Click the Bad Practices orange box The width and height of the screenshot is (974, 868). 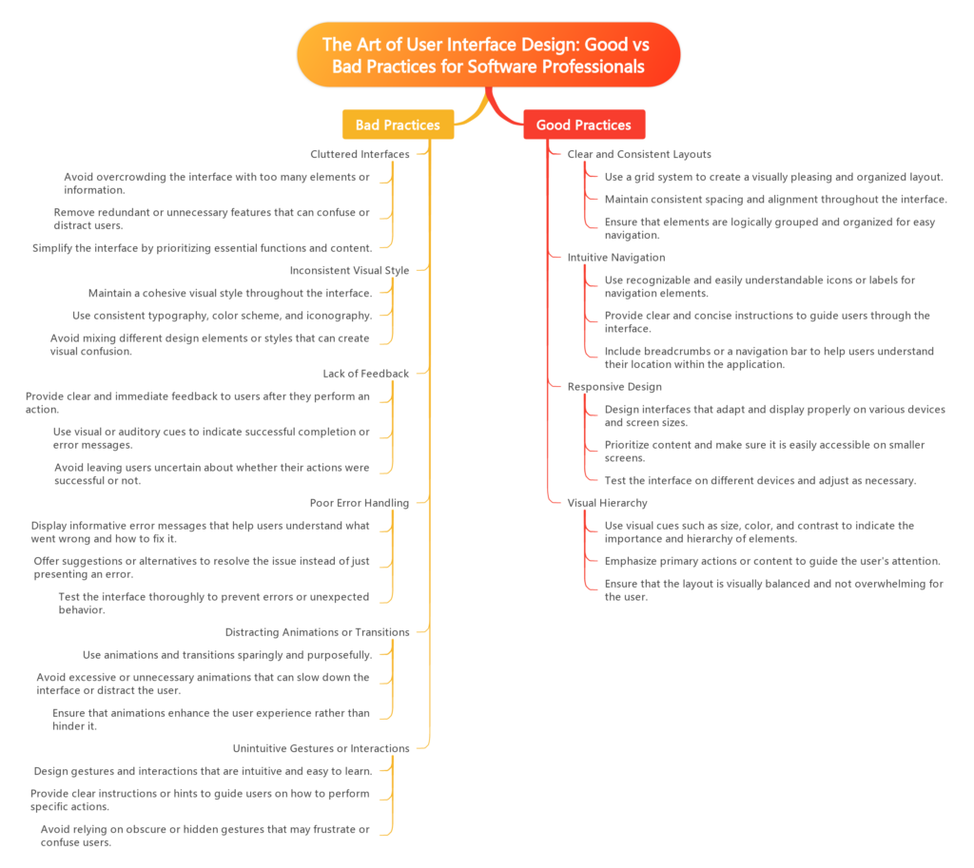click(x=398, y=125)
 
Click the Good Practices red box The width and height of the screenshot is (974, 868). click(x=583, y=125)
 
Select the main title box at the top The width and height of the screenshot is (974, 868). click(x=488, y=55)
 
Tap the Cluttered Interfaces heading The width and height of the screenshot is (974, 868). click(x=360, y=153)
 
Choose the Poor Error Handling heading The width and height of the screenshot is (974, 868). click(x=360, y=503)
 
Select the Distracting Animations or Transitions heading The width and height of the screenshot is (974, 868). click(x=318, y=632)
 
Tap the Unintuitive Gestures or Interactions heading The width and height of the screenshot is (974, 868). click(x=321, y=748)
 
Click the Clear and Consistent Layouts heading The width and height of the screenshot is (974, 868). click(x=639, y=153)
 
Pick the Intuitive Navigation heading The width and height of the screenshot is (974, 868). click(x=615, y=258)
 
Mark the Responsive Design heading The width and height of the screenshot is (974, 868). click(x=614, y=387)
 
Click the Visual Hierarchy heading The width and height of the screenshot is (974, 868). click(x=607, y=503)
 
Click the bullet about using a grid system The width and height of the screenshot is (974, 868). click(x=773, y=177)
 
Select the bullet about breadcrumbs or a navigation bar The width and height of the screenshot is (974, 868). click(x=769, y=357)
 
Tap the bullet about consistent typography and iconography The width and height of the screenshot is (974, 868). click(x=222, y=315)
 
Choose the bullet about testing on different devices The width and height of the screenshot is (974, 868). click(x=760, y=480)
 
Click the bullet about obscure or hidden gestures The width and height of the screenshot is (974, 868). click(x=204, y=836)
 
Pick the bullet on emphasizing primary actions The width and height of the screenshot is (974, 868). click(x=772, y=561)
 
